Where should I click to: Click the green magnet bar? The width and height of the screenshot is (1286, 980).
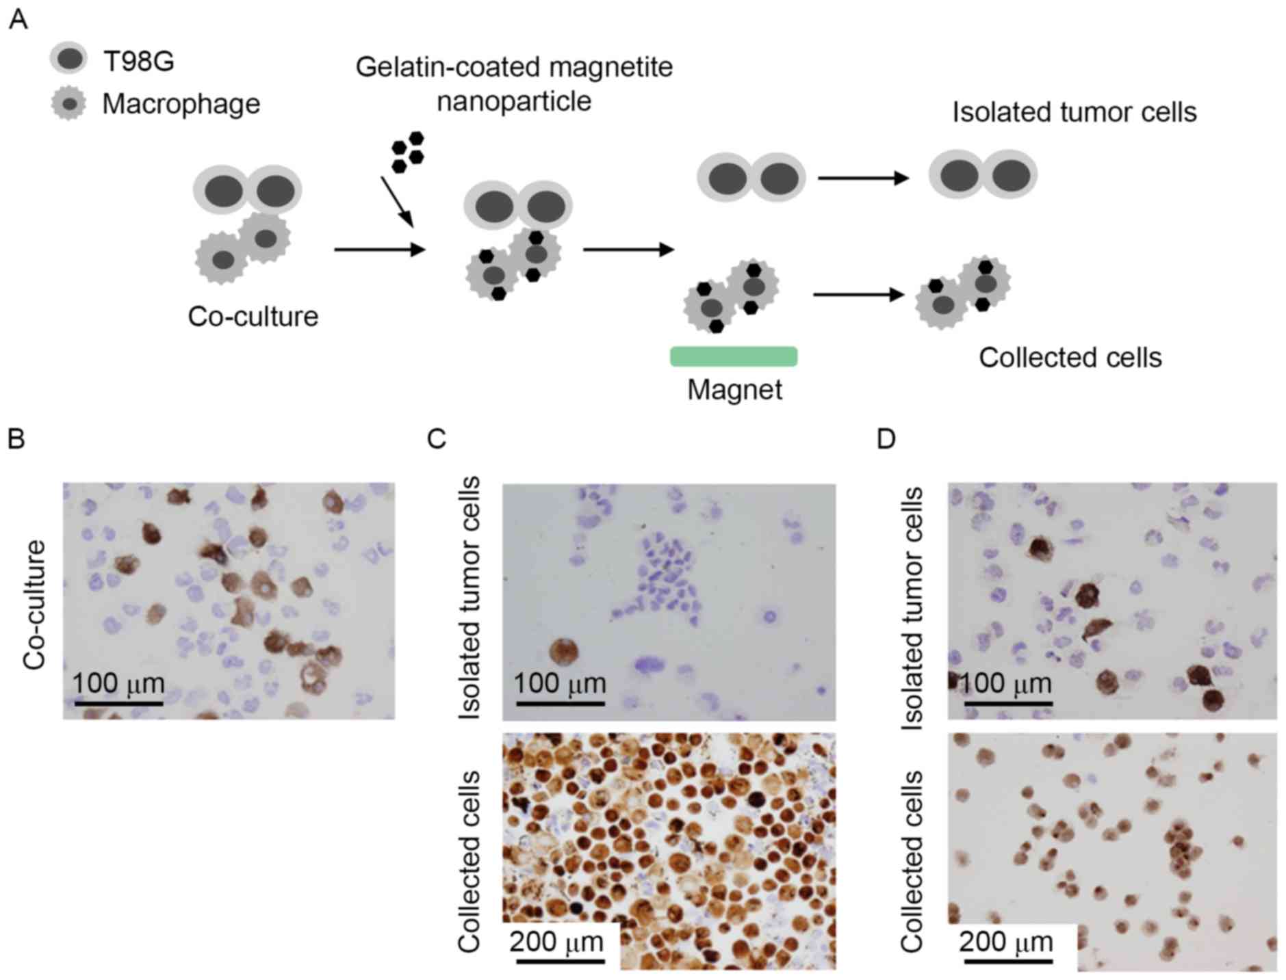coord(734,356)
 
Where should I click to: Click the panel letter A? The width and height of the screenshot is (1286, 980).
coord(18,20)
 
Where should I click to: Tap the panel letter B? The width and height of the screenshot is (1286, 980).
coord(16,438)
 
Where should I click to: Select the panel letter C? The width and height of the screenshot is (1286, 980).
coord(436,438)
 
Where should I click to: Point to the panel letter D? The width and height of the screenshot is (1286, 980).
coord(886,438)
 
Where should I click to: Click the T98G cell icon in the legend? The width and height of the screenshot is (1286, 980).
coord(68,59)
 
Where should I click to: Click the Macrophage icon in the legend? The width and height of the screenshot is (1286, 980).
coord(68,104)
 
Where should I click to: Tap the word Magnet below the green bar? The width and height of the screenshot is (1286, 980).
coord(734,390)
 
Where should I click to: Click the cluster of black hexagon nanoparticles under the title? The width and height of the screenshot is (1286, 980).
coord(408,151)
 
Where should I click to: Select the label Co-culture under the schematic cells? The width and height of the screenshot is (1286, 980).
coord(253,317)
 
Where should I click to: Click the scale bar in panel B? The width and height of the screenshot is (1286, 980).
coord(119,702)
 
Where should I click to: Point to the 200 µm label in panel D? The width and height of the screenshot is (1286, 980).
coord(1005,942)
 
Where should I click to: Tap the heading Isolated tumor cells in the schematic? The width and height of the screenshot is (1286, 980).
coord(1074,112)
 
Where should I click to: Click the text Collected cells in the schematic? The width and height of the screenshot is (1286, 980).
coord(1070,358)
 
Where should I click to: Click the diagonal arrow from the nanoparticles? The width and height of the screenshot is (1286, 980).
coord(397,202)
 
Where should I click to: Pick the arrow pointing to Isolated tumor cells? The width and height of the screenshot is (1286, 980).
coord(863,178)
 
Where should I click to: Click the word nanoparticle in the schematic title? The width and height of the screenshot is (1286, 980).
coord(514,101)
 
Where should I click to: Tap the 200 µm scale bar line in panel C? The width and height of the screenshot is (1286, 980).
coord(561,961)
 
